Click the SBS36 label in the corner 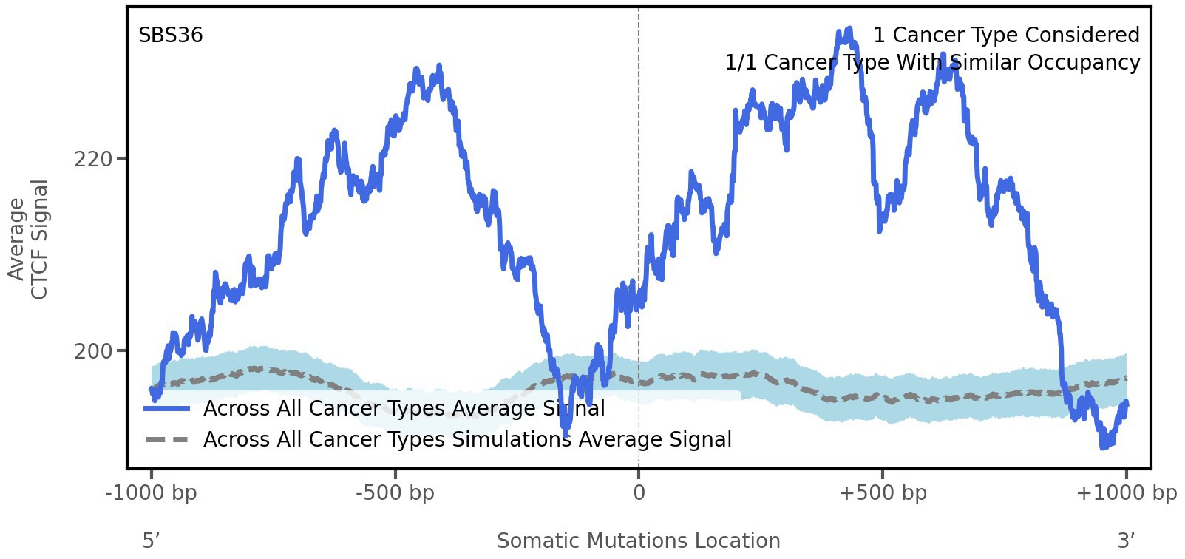click(x=171, y=35)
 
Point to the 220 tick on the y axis click(x=93, y=159)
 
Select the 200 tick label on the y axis click(x=93, y=351)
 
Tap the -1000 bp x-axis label click(x=152, y=493)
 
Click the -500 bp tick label click(x=395, y=493)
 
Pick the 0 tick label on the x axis click(x=639, y=493)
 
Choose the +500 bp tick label click(x=883, y=493)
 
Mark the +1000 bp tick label click(x=1126, y=493)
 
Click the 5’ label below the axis click(x=152, y=541)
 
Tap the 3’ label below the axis click(x=1126, y=541)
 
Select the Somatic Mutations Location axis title click(x=639, y=541)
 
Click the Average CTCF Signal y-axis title click(x=28, y=239)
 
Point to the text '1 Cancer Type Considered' click(x=1006, y=35)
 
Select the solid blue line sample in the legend click(x=167, y=408)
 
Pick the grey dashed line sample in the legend click(x=167, y=440)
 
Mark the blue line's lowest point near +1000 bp click(x=1104, y=446)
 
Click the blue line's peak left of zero click(x=439, y=67)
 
